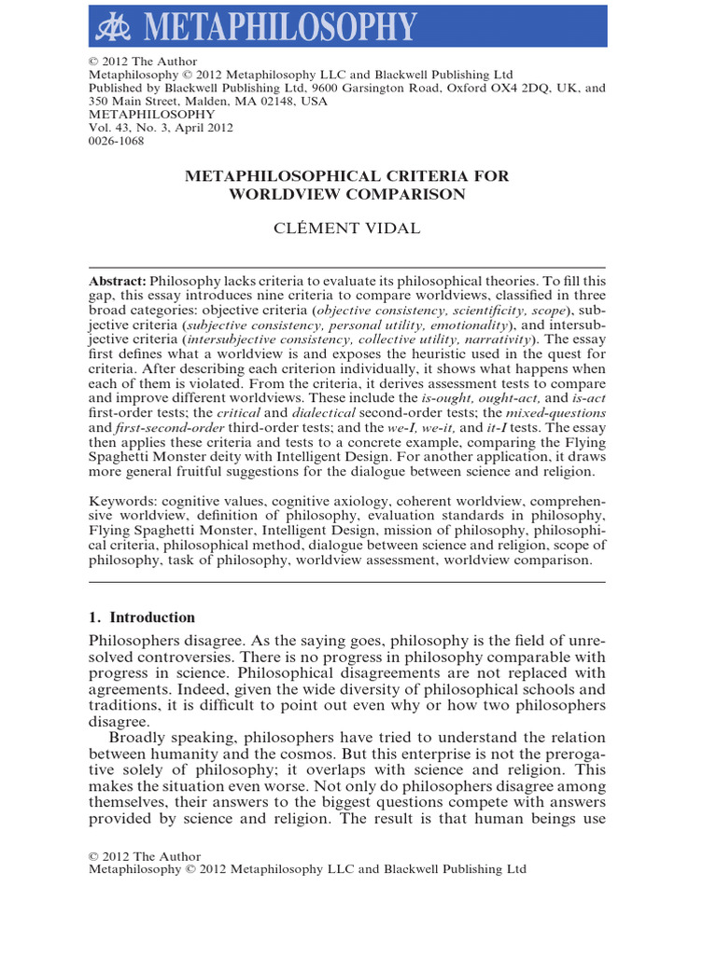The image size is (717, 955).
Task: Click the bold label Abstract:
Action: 118,281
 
